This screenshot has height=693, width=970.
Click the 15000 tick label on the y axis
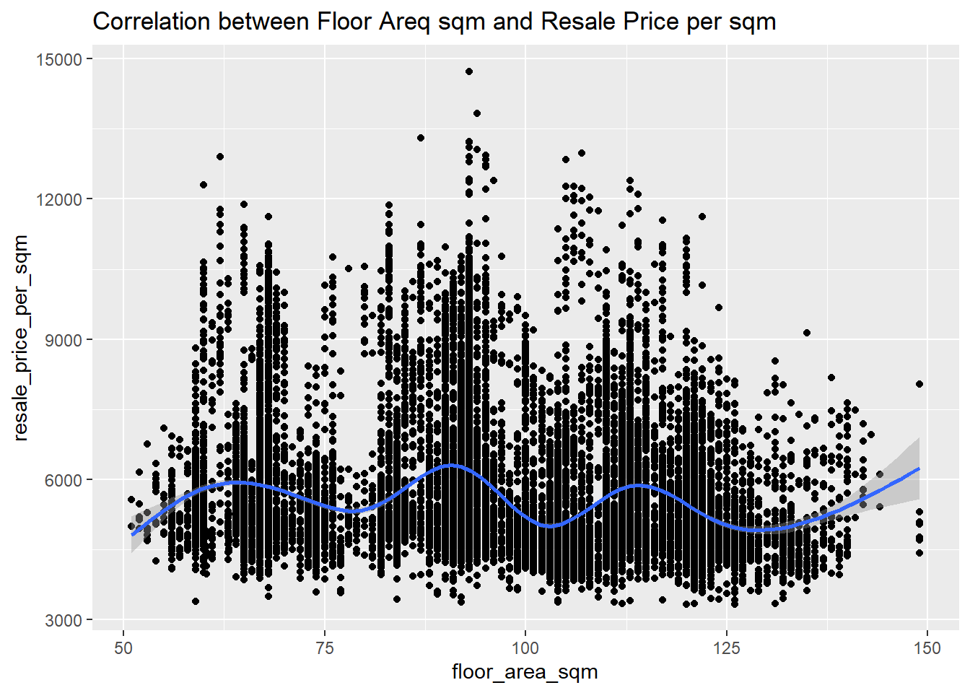pos(59,59)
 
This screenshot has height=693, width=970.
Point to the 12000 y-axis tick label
pos(59,199)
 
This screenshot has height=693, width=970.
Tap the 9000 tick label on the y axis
pos(64,339)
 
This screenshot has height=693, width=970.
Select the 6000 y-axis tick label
pos(64,479)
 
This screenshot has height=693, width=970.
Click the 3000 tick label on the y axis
pos(64,620)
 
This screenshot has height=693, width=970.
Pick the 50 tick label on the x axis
pos(124,648)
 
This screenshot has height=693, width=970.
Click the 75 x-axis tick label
pos(325,648)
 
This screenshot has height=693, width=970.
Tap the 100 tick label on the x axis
pos(525,648)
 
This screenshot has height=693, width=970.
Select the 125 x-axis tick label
pos(726,648)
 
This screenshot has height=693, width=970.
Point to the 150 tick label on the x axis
pos(927,648)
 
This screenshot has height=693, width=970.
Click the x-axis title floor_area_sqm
pos(525,672)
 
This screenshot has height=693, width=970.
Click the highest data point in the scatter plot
pos(469,71)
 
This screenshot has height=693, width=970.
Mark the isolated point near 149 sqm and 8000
pos(919,384)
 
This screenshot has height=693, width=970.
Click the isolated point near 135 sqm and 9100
pos(807,333)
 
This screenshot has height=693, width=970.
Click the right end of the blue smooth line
pos(919,468)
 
